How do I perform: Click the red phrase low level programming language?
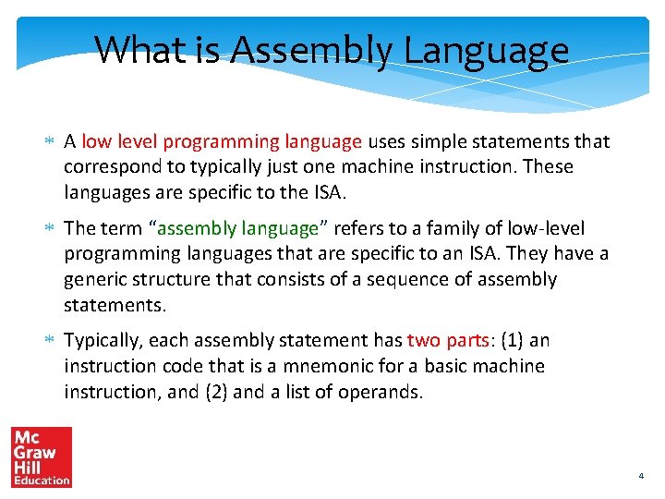point(221,142)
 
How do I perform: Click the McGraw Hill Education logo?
point(42,456)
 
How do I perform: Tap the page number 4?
point(640,476)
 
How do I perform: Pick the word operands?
point(380,392)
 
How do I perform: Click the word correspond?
point(109,167)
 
